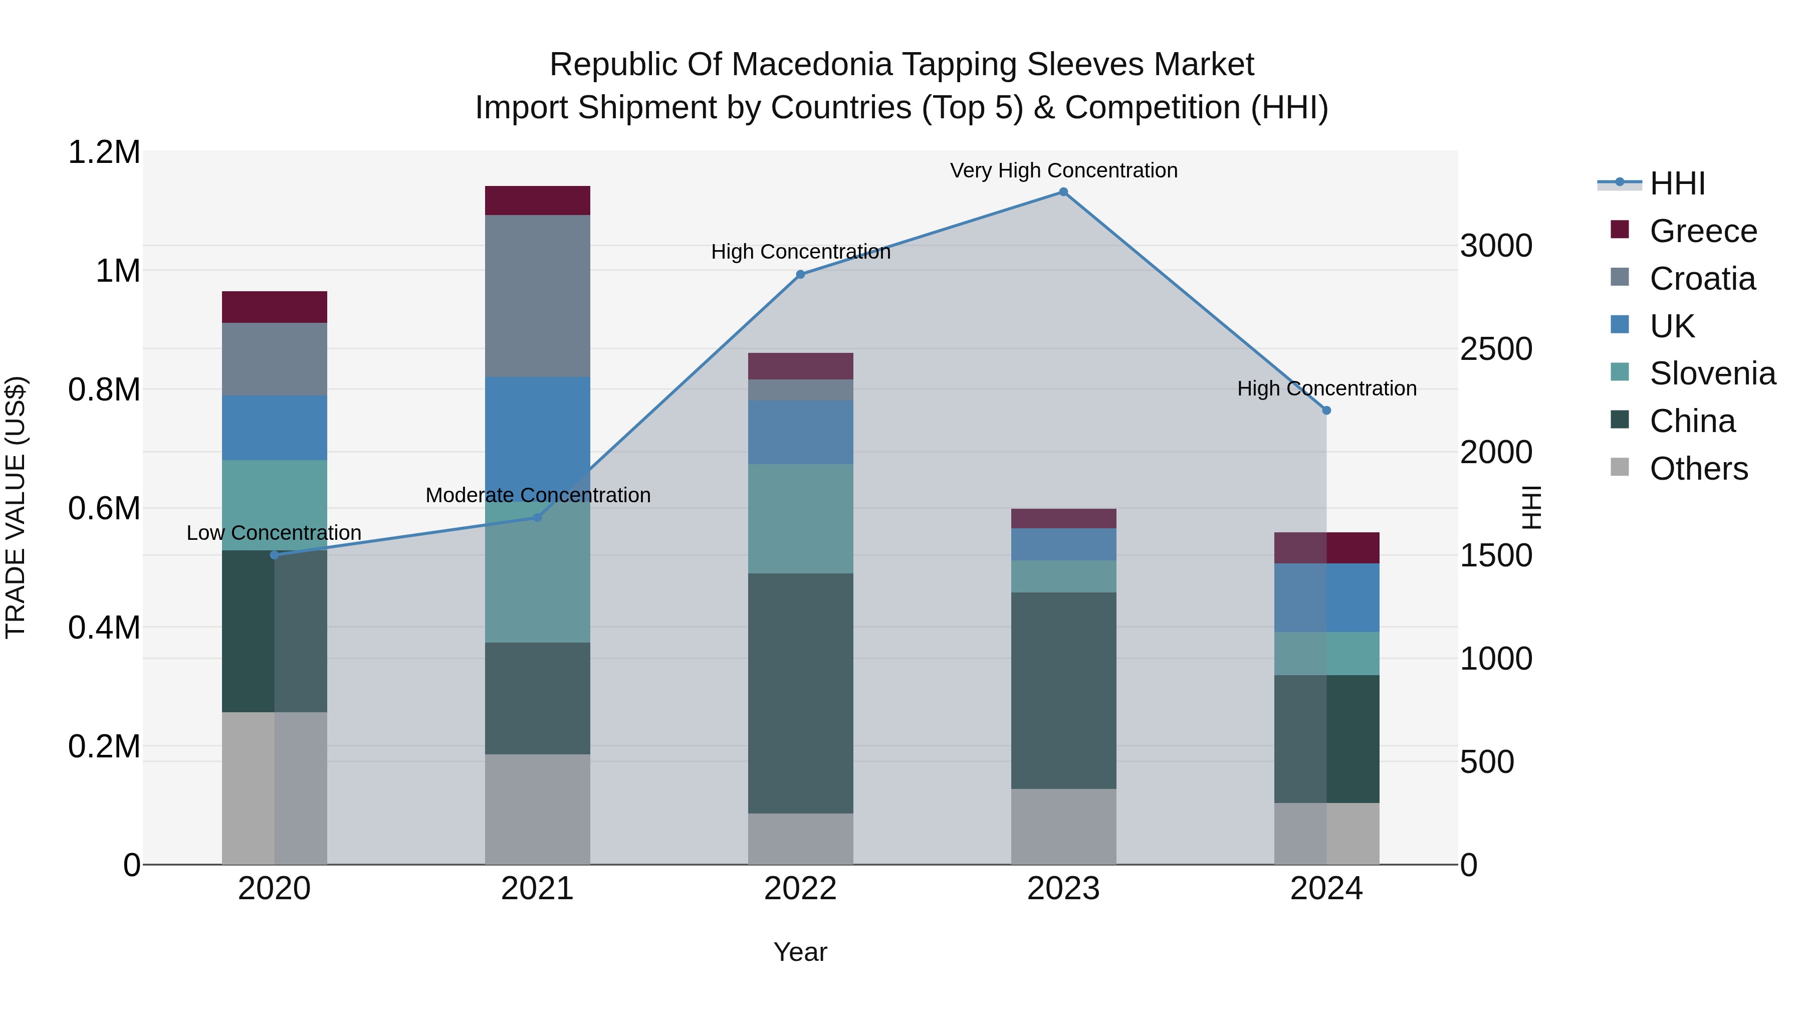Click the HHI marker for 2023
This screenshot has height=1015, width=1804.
point(1063,192)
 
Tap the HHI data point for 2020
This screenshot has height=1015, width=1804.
point(275,555)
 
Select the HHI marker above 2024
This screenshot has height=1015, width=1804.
point(1326,411)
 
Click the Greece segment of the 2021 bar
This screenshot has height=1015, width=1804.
point(537,200)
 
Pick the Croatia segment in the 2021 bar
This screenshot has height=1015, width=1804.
point(537,296)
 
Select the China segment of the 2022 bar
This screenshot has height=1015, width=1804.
point(800,694)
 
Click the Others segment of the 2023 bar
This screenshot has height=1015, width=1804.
point(1063,827)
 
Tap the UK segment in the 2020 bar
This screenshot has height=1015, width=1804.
point(275,428)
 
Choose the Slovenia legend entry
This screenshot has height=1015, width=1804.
point(1712,373)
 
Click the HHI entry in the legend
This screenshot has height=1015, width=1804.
point(1677,183)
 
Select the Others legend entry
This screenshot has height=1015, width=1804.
point(1698,469)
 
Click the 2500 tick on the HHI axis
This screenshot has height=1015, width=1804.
point(1496,349)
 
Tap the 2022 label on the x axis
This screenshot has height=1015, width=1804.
point(800,889)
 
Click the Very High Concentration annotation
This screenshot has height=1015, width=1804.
point(1063,170)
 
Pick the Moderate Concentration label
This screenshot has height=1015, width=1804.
point(538,495)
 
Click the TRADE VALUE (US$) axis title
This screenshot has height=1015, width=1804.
point(16,507)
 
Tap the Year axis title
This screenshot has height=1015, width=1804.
point(800,952)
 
